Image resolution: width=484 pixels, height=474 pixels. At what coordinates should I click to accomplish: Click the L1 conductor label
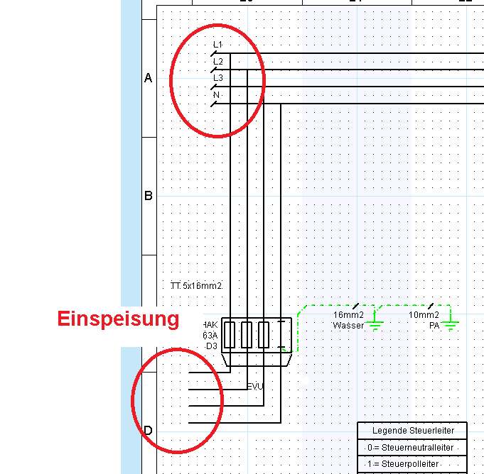coord(217,45)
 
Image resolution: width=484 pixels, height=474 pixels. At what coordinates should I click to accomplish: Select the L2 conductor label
coord(217,61)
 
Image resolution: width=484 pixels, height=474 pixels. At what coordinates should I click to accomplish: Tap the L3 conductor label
coord(217,78)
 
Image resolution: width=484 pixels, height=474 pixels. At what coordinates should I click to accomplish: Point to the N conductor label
coord(216,95)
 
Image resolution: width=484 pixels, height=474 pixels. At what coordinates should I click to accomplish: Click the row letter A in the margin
coord(149,79)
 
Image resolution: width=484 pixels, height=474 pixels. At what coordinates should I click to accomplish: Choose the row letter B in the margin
coord(149,196)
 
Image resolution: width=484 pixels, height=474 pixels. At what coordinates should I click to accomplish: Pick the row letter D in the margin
coord(149,431)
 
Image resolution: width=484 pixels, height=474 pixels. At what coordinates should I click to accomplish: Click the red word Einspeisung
coord(118,319)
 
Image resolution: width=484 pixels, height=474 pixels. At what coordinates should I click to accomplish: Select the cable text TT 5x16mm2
coord(196,286)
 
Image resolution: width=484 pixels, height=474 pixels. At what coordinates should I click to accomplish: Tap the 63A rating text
coord(210,336)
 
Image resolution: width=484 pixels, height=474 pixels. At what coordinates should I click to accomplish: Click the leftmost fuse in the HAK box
coord(230,334)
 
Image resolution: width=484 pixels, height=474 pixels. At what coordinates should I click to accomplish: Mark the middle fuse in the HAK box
coord(247,334)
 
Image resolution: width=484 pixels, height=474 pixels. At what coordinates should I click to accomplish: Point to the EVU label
coord(254,386)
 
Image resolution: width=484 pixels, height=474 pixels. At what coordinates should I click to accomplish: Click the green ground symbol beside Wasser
coord(375,326)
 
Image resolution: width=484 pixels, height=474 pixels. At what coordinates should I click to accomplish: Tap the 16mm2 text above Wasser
coord(348,315)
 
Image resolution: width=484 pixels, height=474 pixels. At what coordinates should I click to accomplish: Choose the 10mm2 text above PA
coord(424,315)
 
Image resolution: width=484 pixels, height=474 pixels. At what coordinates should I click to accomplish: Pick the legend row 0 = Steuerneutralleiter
coord(412,448)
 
